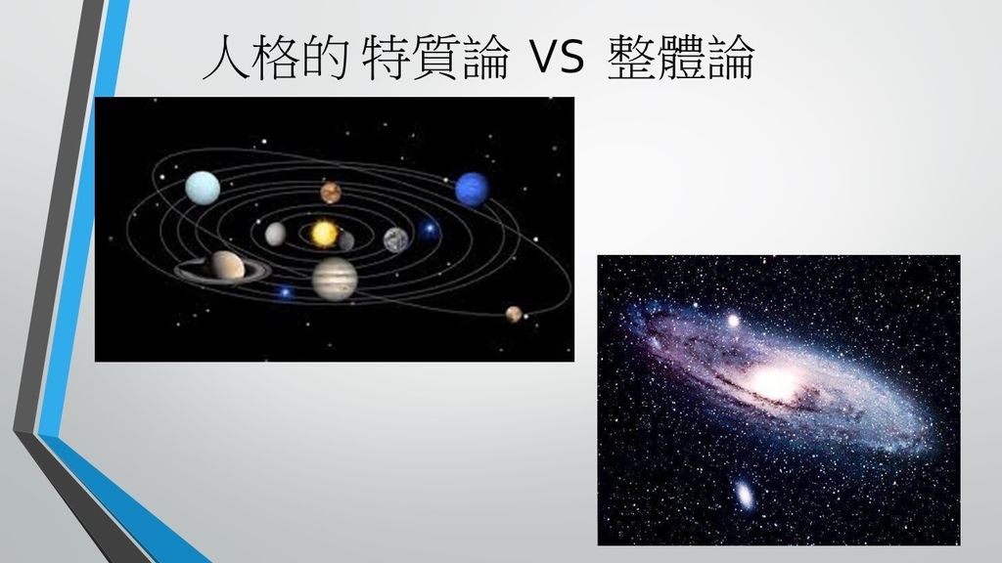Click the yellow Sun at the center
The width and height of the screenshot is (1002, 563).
[x=324, y=233]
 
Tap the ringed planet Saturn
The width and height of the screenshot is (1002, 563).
[x=224, y=268]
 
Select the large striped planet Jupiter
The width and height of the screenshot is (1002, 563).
[x=335, y=279]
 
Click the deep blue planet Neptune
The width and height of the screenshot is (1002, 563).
[x=473, y=189]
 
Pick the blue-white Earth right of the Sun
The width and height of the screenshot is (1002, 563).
[x=396, y=240]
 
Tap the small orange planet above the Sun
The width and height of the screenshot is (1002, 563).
[x=331, y=193]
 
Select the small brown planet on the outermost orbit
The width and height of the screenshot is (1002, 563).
[x=514, y=314]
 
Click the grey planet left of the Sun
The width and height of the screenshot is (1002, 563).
[x=275, y=234]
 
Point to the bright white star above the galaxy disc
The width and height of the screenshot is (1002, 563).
[x=733, y=321]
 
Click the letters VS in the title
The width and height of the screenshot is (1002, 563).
[x=557, y=56]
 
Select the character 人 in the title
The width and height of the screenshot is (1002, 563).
[x=225, y=57]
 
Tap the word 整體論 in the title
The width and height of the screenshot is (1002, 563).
[x=681, y=57]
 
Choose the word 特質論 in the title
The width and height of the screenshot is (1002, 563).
[x=435, y=57]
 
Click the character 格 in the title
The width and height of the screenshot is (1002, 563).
[x=275, y=57]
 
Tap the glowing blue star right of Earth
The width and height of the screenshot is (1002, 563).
[x=429, y=229]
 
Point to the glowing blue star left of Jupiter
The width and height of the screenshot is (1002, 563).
[x=285, y=292]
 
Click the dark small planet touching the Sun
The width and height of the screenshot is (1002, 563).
[x=345, y=240]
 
